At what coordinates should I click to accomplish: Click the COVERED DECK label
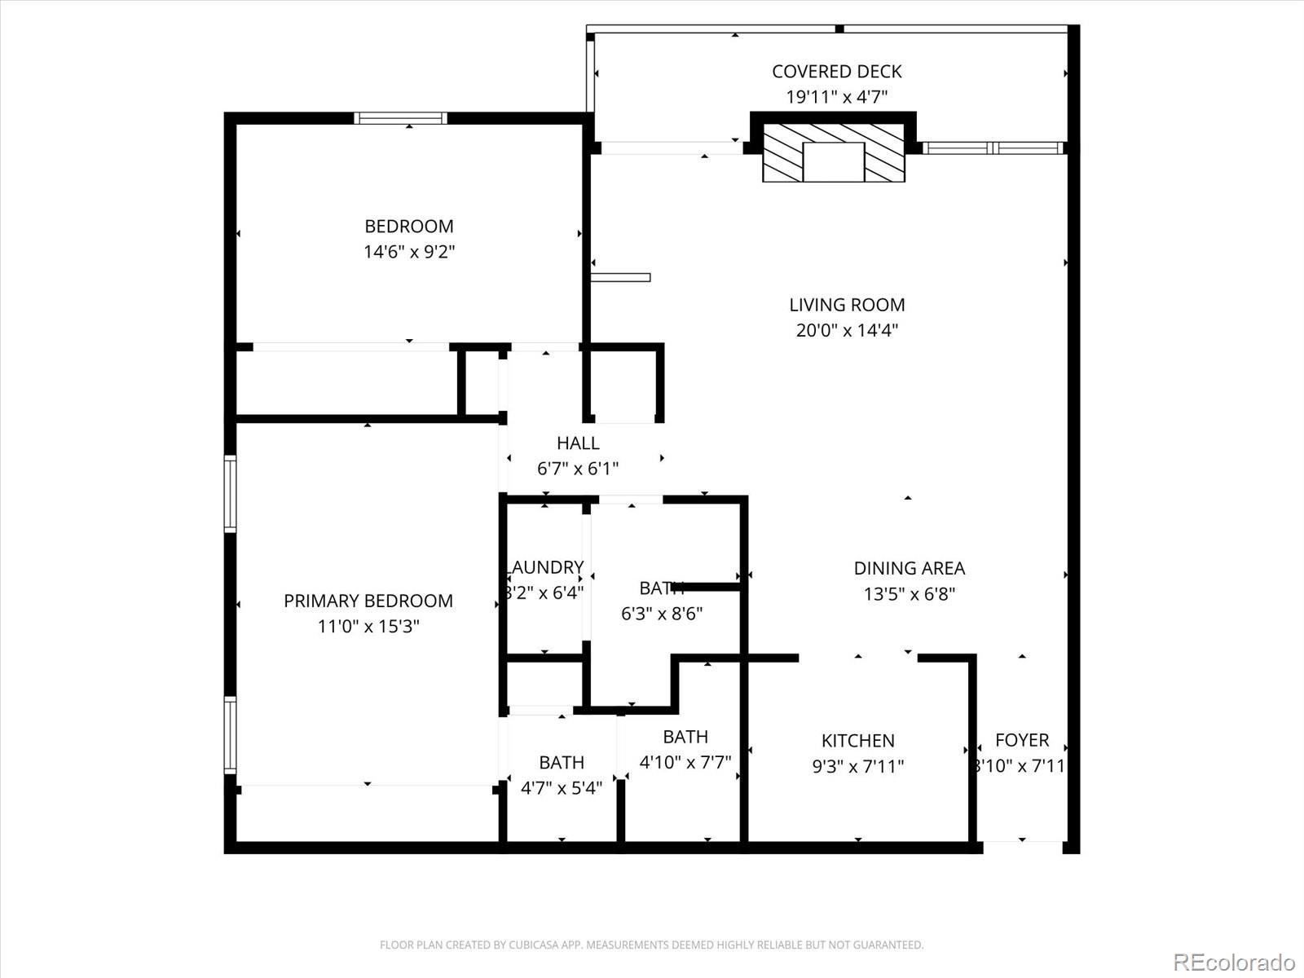pyautogui.click(x=836, y=72)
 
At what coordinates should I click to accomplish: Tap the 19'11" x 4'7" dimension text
pyautogui.click(x=836, y=97)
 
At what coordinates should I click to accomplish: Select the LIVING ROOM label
pyautogui.click(x=847, y=305)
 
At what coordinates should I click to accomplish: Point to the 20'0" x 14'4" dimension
pyautogui.click(x=847, y=330)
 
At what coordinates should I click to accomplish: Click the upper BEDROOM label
pyautogui.click(x=408, y=227)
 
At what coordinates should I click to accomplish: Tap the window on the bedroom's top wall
pyautogui.click(x=401, y=118)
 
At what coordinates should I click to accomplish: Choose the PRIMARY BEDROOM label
pyautogui.click(x=368, y=601)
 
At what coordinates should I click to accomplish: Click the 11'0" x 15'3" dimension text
pyautogui.click(x=368, y=626)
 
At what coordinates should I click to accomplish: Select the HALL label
pyautogui.click(x=578, y=443)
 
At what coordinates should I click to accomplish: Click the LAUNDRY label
pyautogui.click(x=545, y=567)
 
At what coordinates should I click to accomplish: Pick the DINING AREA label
pyautogui.click(x=909, y=568)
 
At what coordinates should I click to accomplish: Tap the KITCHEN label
pyautogui.click(x=857, y=741)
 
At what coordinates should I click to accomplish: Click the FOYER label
pyautogui.click(x=1021, y=740)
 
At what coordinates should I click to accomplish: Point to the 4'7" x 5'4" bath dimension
pyautogui.click(x=562, y=787)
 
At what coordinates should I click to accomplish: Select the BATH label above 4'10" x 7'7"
pyautogui.click(x=685, y=737)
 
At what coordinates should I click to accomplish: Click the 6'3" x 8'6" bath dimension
pyautogui.click(x=662, y=614)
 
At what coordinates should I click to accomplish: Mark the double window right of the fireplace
pyautogui.click(x=993, y=148)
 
